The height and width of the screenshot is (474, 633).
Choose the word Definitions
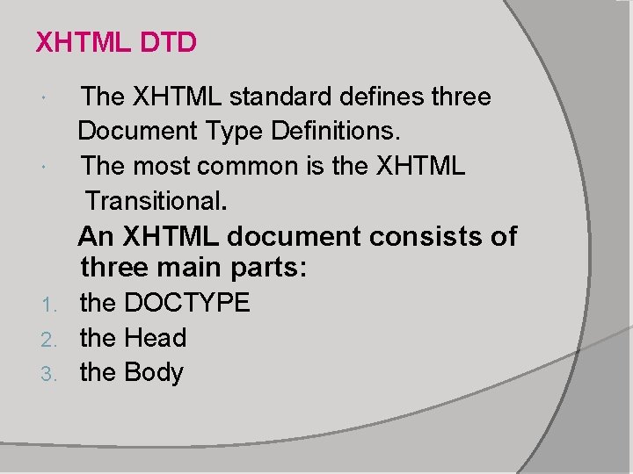[x=336, y=132]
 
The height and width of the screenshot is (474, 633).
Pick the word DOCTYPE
[x=187, y=303]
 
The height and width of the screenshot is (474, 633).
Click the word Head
[x=156, y=337]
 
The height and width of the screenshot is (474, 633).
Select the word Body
[x=154, y=372]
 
